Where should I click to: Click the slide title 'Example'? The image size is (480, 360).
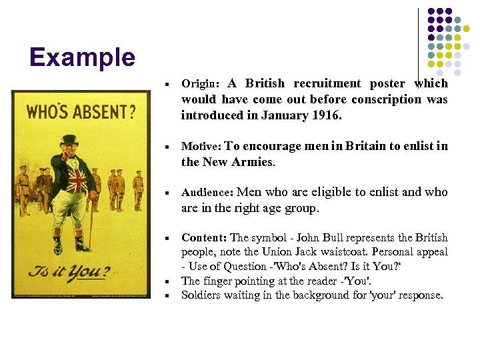tap(82, 57)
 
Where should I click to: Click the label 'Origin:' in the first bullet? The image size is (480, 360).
tap(200, 85)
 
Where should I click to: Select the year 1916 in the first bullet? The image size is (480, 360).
tap(326, 115)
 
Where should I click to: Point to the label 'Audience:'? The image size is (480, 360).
tap(207, 193)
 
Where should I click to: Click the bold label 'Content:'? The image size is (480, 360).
tap(204, 238)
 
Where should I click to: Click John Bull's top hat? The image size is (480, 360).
tap(69, 141)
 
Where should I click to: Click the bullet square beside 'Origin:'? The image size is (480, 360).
tap(171, 85)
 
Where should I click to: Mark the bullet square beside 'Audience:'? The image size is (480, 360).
tap(171, 193)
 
